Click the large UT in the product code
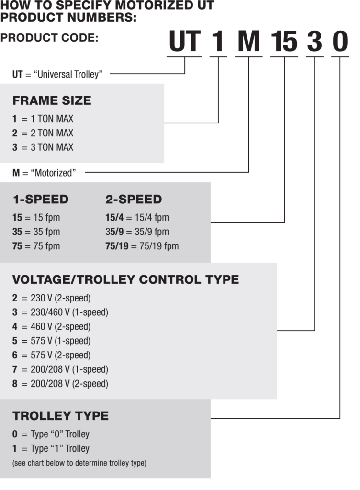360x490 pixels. (x=184, y=41)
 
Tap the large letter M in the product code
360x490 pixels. (x=249, y=41)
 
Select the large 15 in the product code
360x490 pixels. (x=284, y=41)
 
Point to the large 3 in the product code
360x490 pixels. (x=315, y=41)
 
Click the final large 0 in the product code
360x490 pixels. (x=340, y=41)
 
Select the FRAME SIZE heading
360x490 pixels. (x=52, y=100)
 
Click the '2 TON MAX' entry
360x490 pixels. (x=43, y=133)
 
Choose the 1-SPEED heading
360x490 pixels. (x=41, y=200)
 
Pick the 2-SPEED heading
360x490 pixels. (x=134, y=200)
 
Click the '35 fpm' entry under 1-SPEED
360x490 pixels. (x=36, y=232)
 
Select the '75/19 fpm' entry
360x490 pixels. (x=142, y=246)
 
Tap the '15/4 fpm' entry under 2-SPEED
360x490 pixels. (x=137, y=218)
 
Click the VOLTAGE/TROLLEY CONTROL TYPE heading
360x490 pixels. (x=125, y=279)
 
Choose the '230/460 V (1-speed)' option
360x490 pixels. (x=60, y=312)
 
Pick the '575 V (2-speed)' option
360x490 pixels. (x=51, y=356)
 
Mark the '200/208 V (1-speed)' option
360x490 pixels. (x=60, y=369)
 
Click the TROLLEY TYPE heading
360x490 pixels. (x=61, y=416)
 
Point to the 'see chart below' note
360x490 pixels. (x=79, y=463)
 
